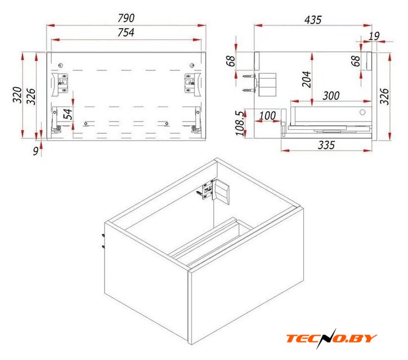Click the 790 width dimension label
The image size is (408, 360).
click(126, 18)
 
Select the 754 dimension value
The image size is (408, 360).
click(126, 33)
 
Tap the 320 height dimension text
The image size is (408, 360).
click(17, 95)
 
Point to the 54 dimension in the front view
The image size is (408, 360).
click(68, 114)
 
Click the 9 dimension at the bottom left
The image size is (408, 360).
click(36, 151)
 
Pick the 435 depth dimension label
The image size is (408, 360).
click(313, 20)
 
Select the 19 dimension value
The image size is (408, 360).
click(374, 36)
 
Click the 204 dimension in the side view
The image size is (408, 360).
click(307, 79)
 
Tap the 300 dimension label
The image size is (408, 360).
click(331, 96)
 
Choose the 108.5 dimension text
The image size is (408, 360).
click(240, 123)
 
